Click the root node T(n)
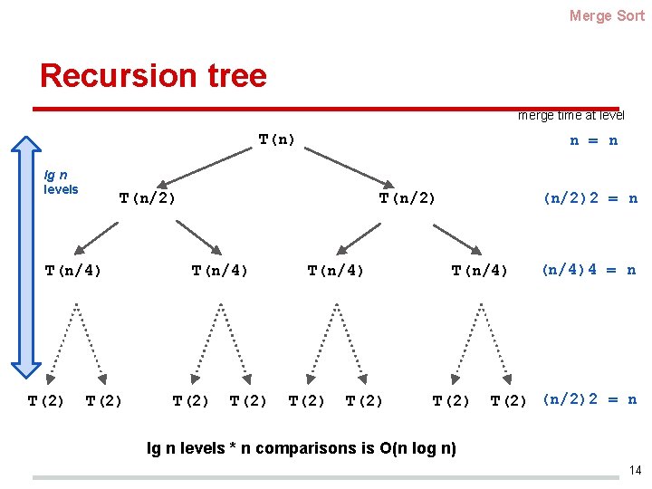point(277,140)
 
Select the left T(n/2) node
point(148,198)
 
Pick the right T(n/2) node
point(407,198)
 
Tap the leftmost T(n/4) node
point(73,270)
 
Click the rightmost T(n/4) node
point(480,270)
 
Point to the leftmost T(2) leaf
point(46,400)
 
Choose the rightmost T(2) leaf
point(508,400)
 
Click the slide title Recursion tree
point(153,75)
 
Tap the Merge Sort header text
point(607,15)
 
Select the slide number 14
point(635,470)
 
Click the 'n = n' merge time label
point(593,140)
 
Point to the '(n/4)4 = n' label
point(589,270)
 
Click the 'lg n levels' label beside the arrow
point(62,182)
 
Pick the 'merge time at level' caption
point(570,115)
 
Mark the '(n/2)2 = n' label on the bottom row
point(589,399)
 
